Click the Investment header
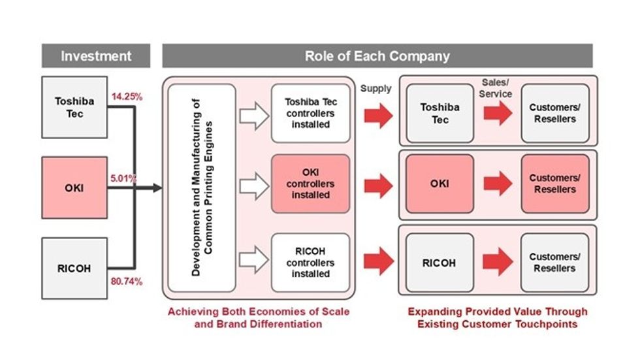pyautogui.click(x=96, y=56)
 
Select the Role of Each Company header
pyautogui.click(x=377, y=56)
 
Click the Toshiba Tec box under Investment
pyautogui.click(x=74, y=107)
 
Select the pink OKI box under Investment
pyautogui.click(x=74, y=188)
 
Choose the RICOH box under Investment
pyautogui.click(x=74, y=268)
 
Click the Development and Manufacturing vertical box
pyautogui.click(x=202, y=188)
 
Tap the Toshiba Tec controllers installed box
pyautogui.click(x=310, y=113)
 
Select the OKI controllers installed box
pyautogui.click(x=310, y=184)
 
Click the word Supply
pyautogui.click(x=376, y=88)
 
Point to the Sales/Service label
pyautogui.click(x=497, y=88)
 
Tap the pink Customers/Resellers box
pyautogui.click(x=554, y=184)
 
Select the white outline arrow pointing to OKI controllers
pyautogui.click(x=254, y=187)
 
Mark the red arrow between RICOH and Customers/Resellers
pyautogui.click(x=497, y=262)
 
